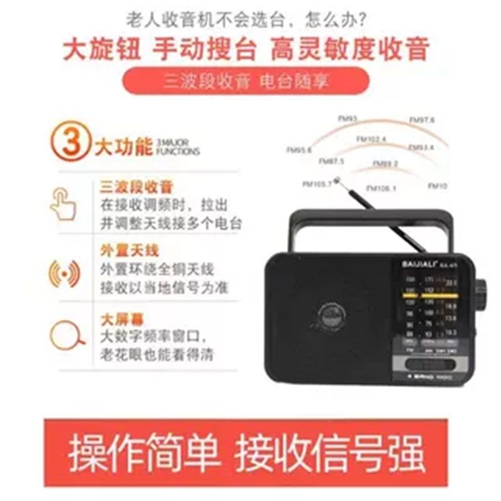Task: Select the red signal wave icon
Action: coord(64,273)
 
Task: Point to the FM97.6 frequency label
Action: coord(421,120)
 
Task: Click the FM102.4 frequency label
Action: coord(371,138)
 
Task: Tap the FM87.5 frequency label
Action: coord(331,162)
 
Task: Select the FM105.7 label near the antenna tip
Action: coord(316,184)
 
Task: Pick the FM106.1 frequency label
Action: coord(381,188)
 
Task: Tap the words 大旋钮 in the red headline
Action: coord(103,49)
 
